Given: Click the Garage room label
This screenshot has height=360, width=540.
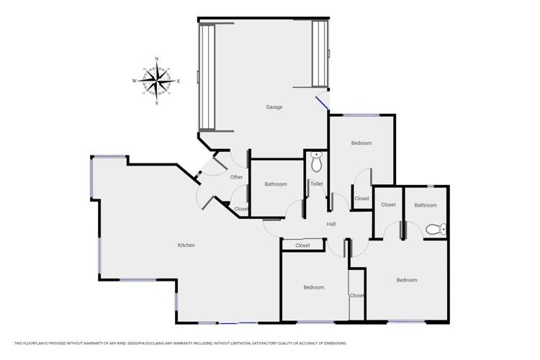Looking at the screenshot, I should (274, 107).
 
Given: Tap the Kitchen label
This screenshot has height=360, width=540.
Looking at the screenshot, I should (186, 246).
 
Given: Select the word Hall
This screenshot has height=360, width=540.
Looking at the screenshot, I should (331, 225).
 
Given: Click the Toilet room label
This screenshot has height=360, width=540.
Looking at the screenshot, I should (316, 184).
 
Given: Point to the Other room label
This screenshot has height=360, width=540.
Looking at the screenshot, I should (237, 177).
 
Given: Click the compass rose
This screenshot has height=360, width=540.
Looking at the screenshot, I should (157, 81).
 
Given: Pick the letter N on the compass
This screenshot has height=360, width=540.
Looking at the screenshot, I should (157, 59).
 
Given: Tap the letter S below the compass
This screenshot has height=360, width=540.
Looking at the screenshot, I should (157, 103).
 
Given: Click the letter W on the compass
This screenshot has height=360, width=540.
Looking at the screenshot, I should (135, 81).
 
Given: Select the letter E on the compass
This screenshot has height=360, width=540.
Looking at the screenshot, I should (179, 81).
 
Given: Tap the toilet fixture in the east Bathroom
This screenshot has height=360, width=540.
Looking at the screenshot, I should (434, 230).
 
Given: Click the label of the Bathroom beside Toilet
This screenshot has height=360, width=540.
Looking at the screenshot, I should (276, 184).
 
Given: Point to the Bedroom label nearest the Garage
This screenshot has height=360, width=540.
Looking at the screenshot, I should (361, 143).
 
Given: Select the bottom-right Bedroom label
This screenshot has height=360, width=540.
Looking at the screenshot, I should (407, 280).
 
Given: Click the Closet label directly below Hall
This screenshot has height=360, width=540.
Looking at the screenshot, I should (303, 246).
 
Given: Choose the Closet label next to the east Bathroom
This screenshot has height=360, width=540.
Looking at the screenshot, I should (388, 205).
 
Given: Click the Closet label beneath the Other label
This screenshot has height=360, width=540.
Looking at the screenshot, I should (241, 209).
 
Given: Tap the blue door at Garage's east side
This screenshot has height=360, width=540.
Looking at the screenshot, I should (322, 102).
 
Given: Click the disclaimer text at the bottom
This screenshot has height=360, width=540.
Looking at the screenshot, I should (180, 343).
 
